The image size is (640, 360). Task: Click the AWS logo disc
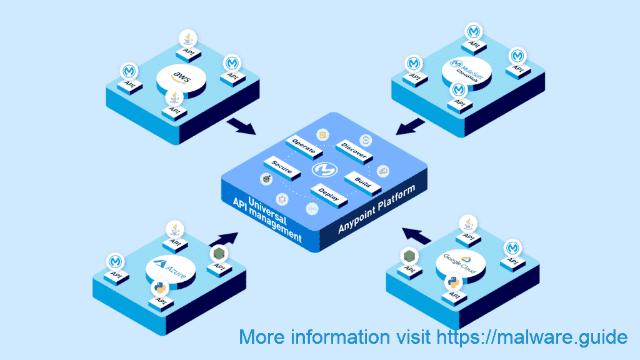pos(181,78)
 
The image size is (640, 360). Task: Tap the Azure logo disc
pos(170,269)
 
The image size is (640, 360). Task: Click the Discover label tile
pos(353,150)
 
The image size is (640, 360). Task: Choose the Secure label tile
pos(282,166)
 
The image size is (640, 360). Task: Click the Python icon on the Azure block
pos(159,288)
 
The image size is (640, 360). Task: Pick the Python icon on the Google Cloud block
pos(452,282)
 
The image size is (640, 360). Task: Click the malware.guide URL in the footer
pos(531,337)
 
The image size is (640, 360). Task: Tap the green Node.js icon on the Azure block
pos(219,254)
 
